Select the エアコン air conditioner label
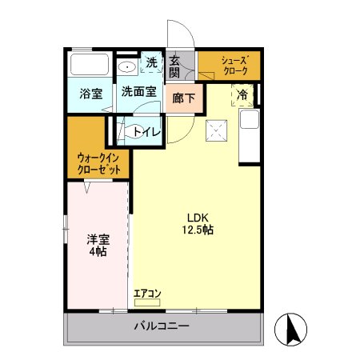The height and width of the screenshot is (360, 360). (147, 294)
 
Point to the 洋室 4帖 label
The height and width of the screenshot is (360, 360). (98, 244)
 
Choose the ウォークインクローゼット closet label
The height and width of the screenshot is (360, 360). (99, 164)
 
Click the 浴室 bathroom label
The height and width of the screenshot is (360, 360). (90, 93)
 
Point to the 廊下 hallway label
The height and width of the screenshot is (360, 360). (184, 99)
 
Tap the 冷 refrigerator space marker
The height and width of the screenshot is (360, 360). (243, 94)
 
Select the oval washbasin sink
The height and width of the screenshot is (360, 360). (126, 66)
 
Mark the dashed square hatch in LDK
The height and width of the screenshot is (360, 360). (215, 130)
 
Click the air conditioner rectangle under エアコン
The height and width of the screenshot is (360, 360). (147, 303)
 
